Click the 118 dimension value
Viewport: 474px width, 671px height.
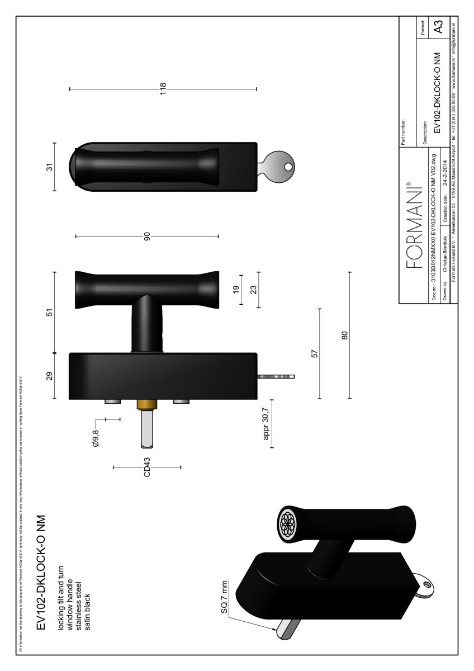(x=163, y=88)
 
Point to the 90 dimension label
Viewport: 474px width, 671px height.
(x=148, y=237)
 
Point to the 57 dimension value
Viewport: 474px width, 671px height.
(x=315, y=354)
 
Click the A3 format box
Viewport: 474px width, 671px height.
(x=439, y=27)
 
